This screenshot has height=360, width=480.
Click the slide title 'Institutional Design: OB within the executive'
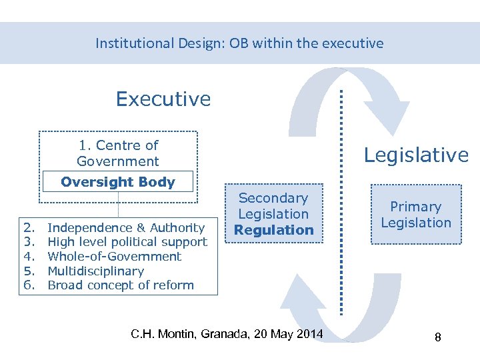(x=239, y=43)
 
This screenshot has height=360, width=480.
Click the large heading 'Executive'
(x=163, y=99)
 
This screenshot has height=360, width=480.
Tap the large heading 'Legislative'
(x=416, y=155)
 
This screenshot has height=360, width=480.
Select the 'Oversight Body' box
(x=118, y=182)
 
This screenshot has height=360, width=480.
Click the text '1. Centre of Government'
(x=118, y=153)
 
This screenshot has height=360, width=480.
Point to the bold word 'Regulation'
(x=273, y=230)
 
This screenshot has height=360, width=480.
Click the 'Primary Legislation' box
(x=416, y=215)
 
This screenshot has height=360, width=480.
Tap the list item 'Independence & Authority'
(x=126, y=228)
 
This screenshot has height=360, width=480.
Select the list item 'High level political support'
(x=127, y=242)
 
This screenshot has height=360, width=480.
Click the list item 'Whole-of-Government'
(x=115, y=257)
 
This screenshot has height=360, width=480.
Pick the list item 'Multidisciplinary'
(x=96, y=271)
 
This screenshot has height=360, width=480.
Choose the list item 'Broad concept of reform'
(x=121, y=285)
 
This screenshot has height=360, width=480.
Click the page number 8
(x=437, y=337)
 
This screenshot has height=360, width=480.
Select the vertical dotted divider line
(x=342, y=200)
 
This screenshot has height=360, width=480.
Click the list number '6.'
(x=29, y=285)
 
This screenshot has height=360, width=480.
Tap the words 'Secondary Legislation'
(x=273, y=206)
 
